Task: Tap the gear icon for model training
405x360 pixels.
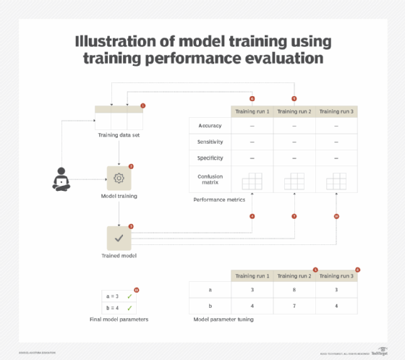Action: pos(119,178)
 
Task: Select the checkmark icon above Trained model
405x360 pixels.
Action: pos(119,238)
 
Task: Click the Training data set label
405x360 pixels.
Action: pos(119,134)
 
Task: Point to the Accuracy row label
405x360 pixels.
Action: pos(210,126)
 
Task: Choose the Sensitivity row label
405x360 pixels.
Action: pos(210,142)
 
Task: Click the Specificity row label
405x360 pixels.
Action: pos(210,158)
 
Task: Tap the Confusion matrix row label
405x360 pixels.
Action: pos(210,179)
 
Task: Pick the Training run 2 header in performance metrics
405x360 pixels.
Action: pos(294,111)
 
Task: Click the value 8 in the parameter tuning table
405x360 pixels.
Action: pos(294,289)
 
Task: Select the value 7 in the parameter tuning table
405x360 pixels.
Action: pos(294,307)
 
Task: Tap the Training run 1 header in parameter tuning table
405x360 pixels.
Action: pos(252,276)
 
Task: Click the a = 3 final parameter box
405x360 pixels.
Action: pos(117,296)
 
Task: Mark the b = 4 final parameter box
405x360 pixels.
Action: pos(117,307)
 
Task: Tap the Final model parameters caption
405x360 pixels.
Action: pos(119,319)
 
